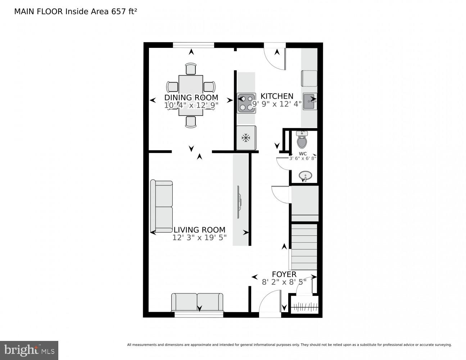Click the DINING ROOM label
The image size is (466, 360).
coord(191,98)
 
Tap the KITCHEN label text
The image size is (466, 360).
coord(277,96)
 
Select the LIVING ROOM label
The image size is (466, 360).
coord(199,230)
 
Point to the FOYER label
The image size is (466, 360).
coord(284,274)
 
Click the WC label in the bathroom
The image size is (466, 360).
coord(303,153)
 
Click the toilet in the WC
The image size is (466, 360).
coord(302,140)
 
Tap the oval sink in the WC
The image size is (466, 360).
coord(305,177)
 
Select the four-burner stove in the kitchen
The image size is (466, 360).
coord(246,103)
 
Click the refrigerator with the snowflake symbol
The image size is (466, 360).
coord(246,138)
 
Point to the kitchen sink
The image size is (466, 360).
coord(309,102)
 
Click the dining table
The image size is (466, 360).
coord(191,95)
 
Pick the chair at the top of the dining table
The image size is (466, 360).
coord(191,69)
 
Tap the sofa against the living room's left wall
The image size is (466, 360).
coord(162,206)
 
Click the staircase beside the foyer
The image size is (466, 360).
coord(304,246)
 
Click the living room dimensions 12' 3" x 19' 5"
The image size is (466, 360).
coord(199,238)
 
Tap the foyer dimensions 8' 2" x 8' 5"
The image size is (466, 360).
coord(284,282)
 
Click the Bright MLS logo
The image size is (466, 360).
coord(29,350)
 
